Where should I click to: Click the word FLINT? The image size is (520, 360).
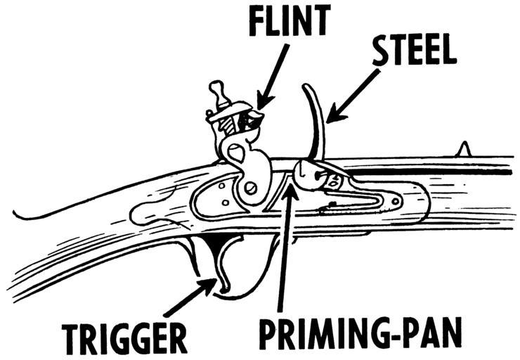point(290,20)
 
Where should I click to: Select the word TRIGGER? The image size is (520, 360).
point(124,338)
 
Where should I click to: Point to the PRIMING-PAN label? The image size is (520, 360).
point(360,333)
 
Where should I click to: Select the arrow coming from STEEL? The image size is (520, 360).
point(354,96)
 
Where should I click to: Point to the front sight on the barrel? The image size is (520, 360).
point(464,149)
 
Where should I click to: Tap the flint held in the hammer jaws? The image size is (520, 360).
point(254,120)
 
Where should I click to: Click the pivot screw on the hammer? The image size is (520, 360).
point(250,189)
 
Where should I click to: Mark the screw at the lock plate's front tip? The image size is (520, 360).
point(396,200)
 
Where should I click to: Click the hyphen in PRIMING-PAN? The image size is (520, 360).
point(398,335)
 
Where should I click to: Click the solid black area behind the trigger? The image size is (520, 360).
point(215,247)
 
